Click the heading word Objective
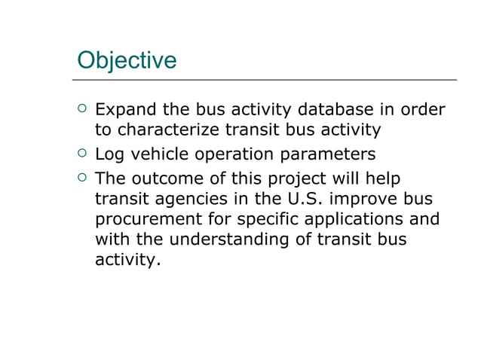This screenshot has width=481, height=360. (127, 59)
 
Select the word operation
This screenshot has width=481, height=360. (238, 154)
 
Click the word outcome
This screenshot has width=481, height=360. (173, 179)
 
